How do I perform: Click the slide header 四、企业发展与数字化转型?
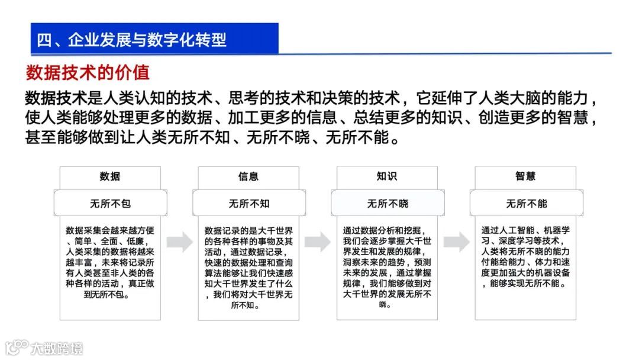point(132,40)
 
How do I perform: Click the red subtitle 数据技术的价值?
point(88,72)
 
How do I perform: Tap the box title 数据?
point(109,176)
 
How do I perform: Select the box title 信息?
point(248,176)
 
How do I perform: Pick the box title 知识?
point(387,176)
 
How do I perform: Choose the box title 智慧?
point(525,176)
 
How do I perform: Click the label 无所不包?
point(109,203)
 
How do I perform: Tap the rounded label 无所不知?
point(248,203)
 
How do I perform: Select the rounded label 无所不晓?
point(387,203)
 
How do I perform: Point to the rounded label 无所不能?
point(525,203)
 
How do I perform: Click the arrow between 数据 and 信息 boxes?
point(179,242)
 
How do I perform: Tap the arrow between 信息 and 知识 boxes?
point(318,242)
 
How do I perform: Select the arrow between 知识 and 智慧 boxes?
point(456,242)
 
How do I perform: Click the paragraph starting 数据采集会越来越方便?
point(109,262)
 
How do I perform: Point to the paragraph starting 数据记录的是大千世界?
point(248,267)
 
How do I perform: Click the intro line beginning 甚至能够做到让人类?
point(210,138)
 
